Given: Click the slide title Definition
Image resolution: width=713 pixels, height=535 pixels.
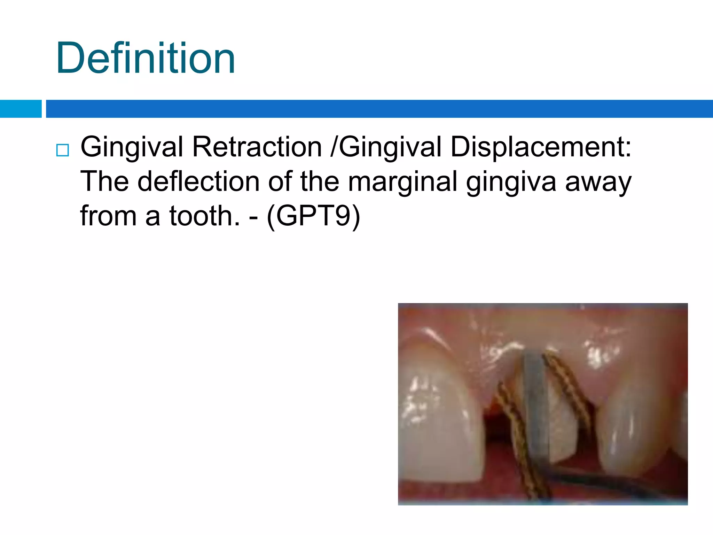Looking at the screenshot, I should (146, 58).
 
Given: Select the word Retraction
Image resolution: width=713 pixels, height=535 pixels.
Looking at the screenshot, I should (257, 147).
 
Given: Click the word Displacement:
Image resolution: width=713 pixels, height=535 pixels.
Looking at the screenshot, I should (540, 147).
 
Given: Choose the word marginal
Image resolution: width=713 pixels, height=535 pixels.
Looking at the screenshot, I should (402, 181).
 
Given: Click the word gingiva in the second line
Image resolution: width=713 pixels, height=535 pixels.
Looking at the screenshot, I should (511, 181).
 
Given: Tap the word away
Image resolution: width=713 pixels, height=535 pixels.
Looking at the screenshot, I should (598, 181).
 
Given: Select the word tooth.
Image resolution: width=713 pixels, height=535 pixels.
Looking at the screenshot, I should (205, 216).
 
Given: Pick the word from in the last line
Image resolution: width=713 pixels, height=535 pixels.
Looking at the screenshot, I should (108, 216).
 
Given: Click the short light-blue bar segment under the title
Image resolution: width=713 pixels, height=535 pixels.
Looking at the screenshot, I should (21, 109).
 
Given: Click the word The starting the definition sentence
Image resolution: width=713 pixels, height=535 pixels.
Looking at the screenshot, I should (104, 181).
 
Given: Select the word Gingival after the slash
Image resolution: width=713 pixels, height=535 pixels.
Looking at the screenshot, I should (390, 147).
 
